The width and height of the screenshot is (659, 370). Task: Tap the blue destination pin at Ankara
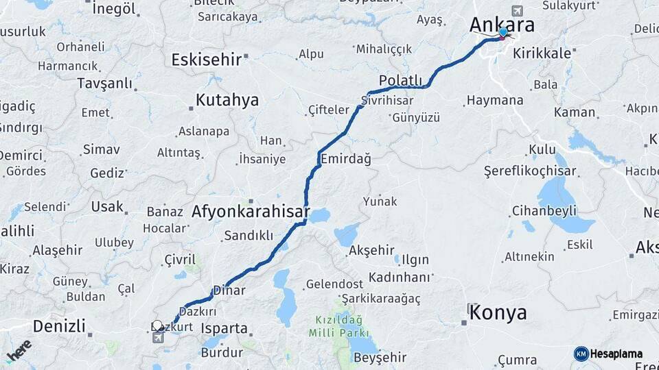[x=503, y=32]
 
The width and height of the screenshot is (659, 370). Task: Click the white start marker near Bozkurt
[x=157, y=325]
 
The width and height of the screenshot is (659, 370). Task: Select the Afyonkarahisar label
[x=251, y=211]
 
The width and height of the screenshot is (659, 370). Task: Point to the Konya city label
[x=500, y=313]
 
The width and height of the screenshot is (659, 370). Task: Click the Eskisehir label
[x=206, y=60]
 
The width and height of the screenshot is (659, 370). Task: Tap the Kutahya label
[x=227, y=100]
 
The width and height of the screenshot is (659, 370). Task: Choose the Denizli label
[x=59, y=326]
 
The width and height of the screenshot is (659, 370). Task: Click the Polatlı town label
[x=400, y=81]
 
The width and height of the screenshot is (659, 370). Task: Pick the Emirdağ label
[x=346, y=159]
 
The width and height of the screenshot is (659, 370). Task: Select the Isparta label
[x=224, y=328]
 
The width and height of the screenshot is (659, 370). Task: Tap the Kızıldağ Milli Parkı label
[x=338, y=327]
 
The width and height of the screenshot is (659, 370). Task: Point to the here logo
[x=19, y=349]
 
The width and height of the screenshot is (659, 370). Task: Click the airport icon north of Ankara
[x=516, y=11]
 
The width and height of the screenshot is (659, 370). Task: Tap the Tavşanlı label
[x=104, y=84]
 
